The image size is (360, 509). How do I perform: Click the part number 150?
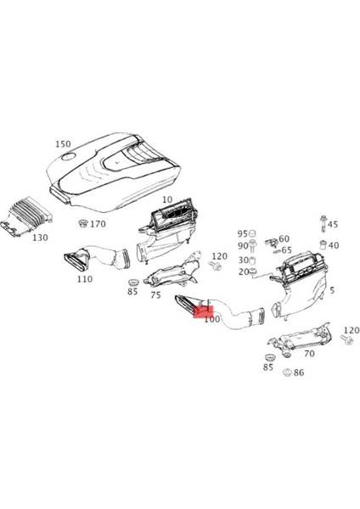pyautogui.click(x=63, y=144)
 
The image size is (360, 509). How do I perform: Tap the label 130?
pyautogui.click(x=41, y=238)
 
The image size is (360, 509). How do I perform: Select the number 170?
pyautogui.click(x=98, y=224)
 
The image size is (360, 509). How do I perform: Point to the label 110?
pyautogui.click(x=84, y=278)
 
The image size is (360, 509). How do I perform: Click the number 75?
pyautogui.click(x=155, y=295)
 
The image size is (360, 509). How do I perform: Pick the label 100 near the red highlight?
pyautogui.click(x=211, y=321)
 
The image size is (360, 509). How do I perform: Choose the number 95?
pyautogui.click(x=242, y=233)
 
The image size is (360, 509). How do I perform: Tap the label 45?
pyautogui.click(x=333, y=225)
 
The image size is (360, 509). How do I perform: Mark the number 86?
pyautogui.click(x=298, y=372)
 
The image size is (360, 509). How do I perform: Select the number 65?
pyautogui.click(x=287, y=250)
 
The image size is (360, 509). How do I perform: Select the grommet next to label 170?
pyautogui.click(x=84, y=223)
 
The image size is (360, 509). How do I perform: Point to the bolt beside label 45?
pyautogui.click(x=323, y=226)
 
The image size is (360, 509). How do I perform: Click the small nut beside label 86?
pyautogui.click(x=287, y=372)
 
